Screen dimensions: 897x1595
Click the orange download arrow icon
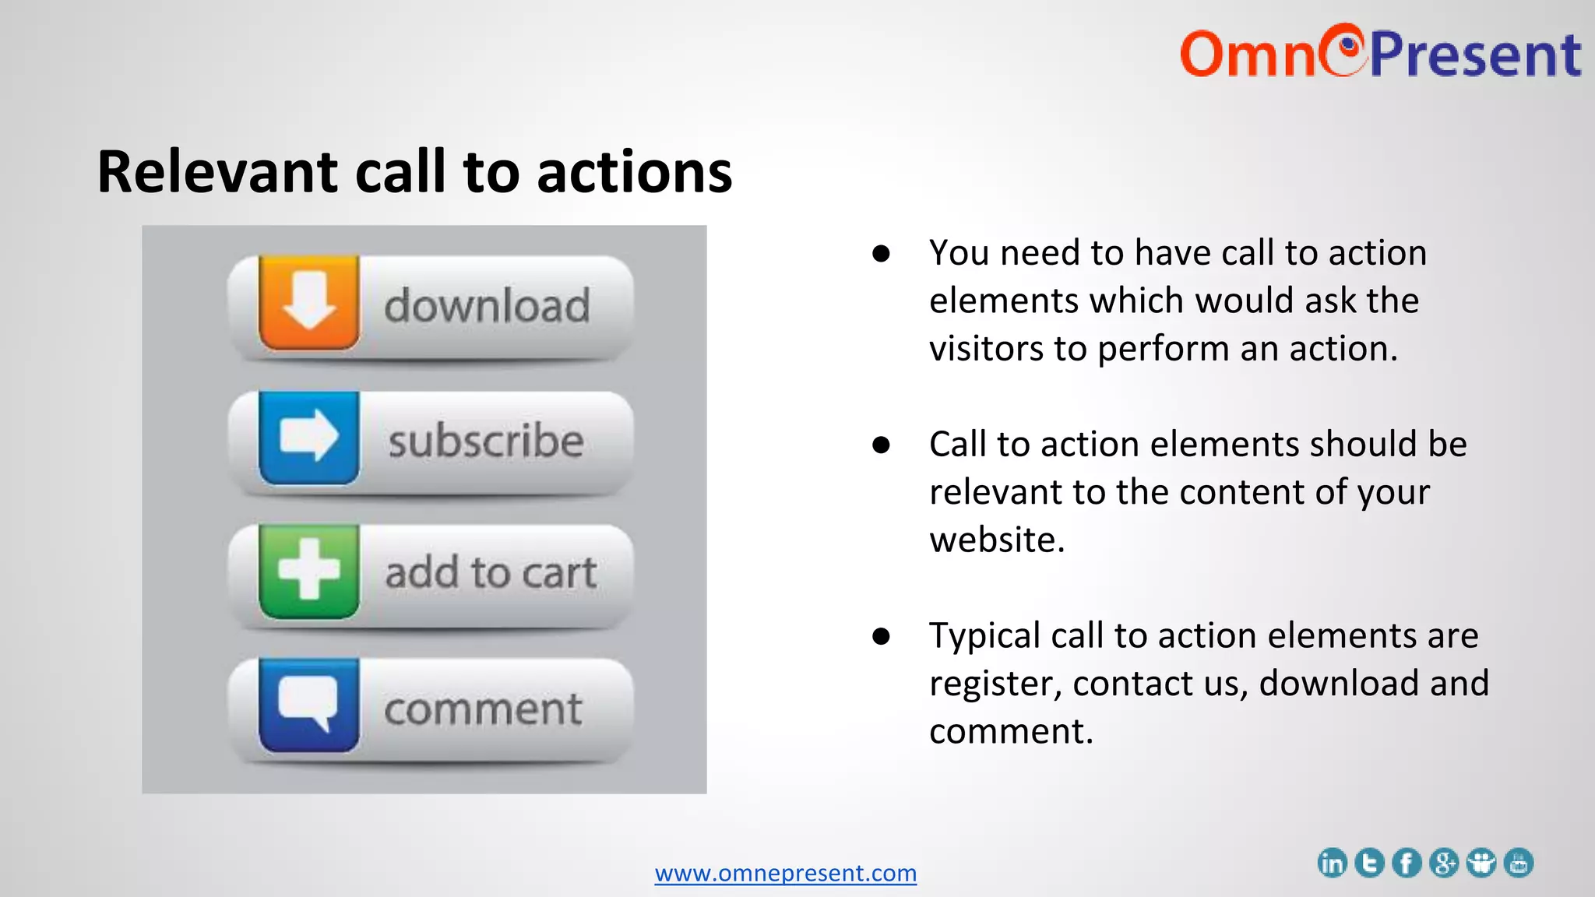pos(309,302)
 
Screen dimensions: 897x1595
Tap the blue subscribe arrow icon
pos(309,438)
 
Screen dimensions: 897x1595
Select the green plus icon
pos(309,572)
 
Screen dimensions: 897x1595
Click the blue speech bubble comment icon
pos(309,705)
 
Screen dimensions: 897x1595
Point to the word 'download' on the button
pos(487,305)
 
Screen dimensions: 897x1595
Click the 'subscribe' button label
pos(486,441)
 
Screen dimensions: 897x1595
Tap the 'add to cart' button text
pos(491,574)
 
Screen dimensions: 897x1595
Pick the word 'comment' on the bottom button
pos(483,709)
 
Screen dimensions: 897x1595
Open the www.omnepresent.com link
pos(785,873)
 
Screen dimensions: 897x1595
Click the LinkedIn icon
pos(1332,863)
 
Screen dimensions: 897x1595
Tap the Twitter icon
pos(1369,863)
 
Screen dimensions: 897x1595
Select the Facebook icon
pos(1407,863)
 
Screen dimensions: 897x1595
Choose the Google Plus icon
pos(1444,863)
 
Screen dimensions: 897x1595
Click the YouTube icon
pos(1519,863)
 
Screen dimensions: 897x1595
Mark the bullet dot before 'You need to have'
pos(881,254)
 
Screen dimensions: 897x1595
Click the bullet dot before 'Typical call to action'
pos(881,636)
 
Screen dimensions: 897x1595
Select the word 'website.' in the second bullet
pos(997,540)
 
